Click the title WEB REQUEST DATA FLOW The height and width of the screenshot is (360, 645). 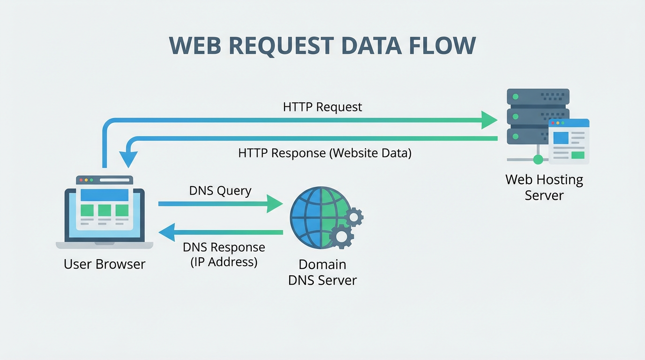pyautogui.click(x=322, y=46)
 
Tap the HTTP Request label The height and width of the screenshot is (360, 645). pyautogui.click(x=322, y=107)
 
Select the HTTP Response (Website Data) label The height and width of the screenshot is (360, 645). pyautogui.click(x=324, y=153)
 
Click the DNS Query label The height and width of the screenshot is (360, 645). pyautogui.click(x=220, y=191)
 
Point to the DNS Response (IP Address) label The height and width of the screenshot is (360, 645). pyautogui.click(x=224, y=254)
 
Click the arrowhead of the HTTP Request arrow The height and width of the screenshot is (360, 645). pyautogui.click(x=489, y=120)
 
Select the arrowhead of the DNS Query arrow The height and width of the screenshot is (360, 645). pyautogui.click(x=275, y=204)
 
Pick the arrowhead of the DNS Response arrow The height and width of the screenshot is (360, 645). pyautogui.click(x=167, y=232)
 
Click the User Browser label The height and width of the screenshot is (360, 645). pyautogui.click(x=105, y=264)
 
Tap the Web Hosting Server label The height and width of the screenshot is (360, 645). pyautogui.click(x=544, y=187)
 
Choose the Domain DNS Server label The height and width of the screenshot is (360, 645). pyautogui.click(x=322, y=272)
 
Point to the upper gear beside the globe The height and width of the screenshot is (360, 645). pyautogui.click(x=354, y=217)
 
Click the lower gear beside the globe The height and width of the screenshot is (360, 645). pyautogui.click(x=341, y=237)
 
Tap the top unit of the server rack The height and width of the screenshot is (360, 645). pyautogui.click(x=538, y=97)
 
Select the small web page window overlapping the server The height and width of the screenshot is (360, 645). pyautogui.click(x=569, y=141)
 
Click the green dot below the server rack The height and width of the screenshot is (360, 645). pyautogui.click(x=538, y=159)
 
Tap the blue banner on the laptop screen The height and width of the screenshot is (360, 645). pyautogui.click(x=105, y=195)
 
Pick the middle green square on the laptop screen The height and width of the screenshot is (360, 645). pyautogui.click(x=105, y=210)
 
